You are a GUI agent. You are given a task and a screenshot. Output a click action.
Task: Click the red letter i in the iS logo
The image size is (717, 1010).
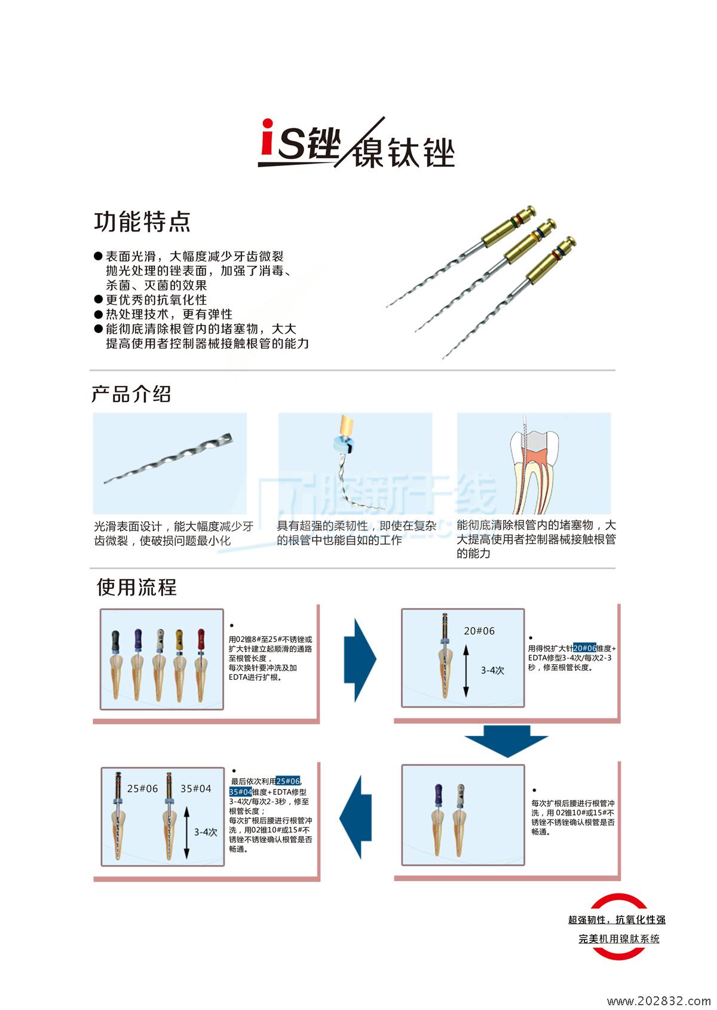[x=268, y=140]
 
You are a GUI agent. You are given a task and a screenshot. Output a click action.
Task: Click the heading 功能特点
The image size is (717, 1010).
[x=142, y=222]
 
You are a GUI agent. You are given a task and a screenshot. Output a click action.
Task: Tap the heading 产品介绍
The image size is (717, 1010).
[x=131, y=394]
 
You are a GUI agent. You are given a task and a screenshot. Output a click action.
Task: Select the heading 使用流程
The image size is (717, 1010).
[x=137, y=587]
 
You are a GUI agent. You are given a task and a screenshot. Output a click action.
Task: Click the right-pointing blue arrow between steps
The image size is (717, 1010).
[x=359, y=660]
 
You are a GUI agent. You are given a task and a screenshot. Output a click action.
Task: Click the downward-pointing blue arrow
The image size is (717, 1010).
[x=506, y=741]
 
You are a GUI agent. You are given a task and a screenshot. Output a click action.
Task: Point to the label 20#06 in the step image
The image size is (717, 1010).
[x=479, y=631]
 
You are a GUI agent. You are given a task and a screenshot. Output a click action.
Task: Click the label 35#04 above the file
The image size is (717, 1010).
[x=196, y=788]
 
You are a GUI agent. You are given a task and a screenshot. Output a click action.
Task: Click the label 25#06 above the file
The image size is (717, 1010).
[x=142, y=788]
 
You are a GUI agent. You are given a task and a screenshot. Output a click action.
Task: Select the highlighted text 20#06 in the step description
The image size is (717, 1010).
[x=584, y=648]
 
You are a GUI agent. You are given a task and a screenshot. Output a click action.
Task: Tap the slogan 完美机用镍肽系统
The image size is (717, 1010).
[x=618, y=939]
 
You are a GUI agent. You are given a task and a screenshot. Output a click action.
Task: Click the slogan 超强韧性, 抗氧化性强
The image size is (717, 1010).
[x=617, y=920]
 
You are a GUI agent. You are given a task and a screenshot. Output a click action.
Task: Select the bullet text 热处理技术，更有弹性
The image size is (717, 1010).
[x=169, y=314]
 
